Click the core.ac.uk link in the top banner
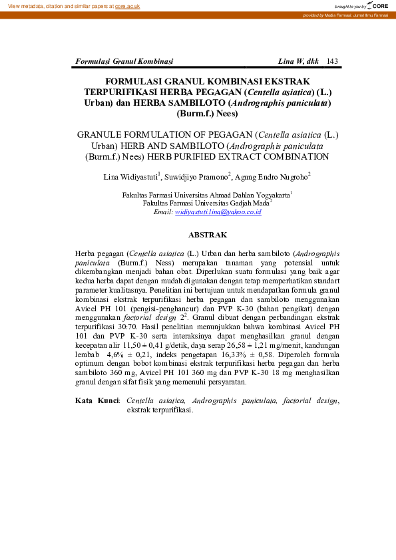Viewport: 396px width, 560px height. coord(127,6)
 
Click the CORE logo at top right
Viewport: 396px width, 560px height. coord(379,5)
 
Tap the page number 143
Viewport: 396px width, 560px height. coord(333,61)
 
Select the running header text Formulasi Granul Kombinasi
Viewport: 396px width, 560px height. coord(124,61)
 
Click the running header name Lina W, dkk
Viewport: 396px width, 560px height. coord(298,61)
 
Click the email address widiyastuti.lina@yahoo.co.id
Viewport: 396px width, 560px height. coord(218,211)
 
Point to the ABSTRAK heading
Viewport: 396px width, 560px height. coord(208,235)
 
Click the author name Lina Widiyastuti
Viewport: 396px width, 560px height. coord(130,177)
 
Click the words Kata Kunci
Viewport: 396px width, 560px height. coord(97,401)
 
